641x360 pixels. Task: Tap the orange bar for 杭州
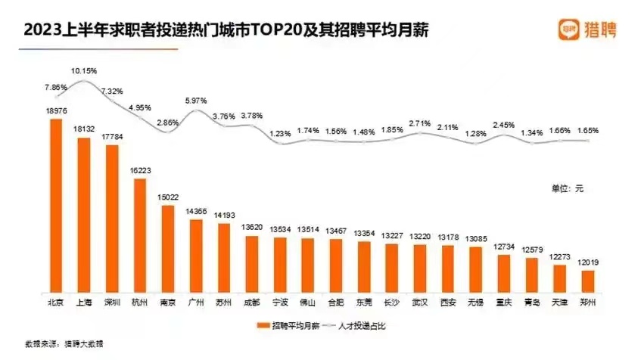coord(139,235)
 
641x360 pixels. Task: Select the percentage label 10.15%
coord(83,70)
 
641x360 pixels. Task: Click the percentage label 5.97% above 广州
coord(195,101)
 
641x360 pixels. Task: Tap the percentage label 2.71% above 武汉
coord(419,123)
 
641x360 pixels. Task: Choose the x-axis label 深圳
coord(111,302)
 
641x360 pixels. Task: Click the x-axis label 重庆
coord(503,302)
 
